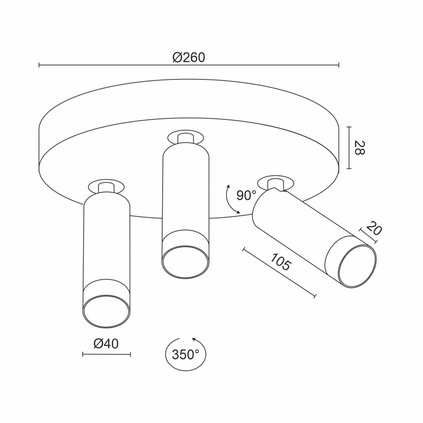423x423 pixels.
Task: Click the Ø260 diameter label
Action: pos(189,57)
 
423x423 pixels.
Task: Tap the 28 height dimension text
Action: pos(359,148)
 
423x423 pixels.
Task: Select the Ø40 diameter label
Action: pos(106,344)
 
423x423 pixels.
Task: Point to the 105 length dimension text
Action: pos(281,261)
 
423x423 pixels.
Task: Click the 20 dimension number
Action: pos(374,228)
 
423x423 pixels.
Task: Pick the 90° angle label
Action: pos(246,195)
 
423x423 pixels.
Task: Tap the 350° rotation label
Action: pos(186,354)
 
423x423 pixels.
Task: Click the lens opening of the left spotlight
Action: pos(106,311)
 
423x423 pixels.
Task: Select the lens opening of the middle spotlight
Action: pos(185,261)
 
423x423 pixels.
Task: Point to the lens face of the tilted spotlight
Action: pos(358,266)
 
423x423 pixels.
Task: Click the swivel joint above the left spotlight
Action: pos(106,187)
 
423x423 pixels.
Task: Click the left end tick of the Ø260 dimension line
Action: pos(39,65)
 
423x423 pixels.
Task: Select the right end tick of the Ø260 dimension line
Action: pos(339,65)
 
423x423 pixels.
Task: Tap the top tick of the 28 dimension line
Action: pos(349,127)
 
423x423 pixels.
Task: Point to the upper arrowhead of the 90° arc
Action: pos(228,187)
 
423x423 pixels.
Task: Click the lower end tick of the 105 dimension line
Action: pos(315,296)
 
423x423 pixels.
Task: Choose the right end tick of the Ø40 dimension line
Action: pos(131,354)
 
